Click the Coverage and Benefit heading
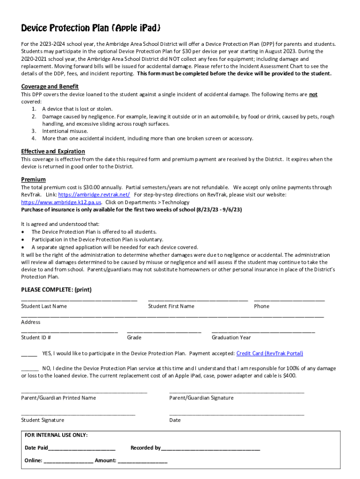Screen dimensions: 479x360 click(50, 87)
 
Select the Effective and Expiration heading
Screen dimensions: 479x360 click(53, 151)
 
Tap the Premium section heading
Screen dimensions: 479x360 click(33, 180)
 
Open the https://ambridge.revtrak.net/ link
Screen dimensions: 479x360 click(94, 195)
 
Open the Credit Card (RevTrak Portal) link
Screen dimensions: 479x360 click(270, 353)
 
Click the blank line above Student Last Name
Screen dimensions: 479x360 click(79, 299)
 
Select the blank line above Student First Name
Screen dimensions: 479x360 click(198, 299)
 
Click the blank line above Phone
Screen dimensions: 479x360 click(289, 299)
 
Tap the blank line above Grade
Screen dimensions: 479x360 click(164, 331)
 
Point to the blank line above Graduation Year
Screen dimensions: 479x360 click(263, 331)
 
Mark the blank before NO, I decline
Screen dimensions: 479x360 click(30, 370)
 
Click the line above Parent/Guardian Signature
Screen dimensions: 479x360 click(237, 392)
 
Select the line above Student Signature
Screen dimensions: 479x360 click(78, 414)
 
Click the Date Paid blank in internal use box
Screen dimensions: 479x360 click(82, 449)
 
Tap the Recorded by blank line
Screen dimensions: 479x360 click(210, 449)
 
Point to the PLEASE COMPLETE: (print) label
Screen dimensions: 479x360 click(56, 290)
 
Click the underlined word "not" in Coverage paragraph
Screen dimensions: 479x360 click(313, 94)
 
